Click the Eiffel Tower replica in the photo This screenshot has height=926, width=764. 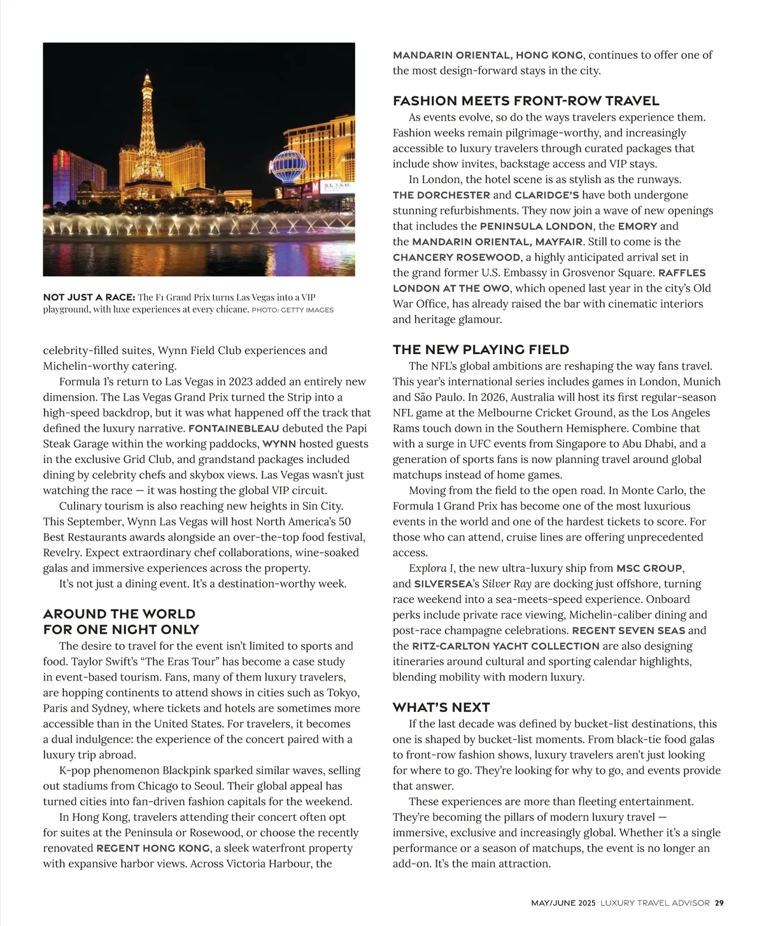[147, 140]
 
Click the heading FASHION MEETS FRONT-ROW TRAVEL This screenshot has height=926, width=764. [526, 101]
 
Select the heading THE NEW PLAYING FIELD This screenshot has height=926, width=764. [481, 350]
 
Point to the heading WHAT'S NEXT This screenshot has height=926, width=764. [441, 708]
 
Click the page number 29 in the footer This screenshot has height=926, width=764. [719, 902]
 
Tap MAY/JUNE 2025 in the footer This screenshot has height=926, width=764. [563, 902]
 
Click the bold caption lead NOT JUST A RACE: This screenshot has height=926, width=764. [88, 297]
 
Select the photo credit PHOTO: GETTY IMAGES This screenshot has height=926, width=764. [293, 310]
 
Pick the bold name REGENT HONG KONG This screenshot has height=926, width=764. [153, 848]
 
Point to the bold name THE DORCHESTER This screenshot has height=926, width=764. [441, 195]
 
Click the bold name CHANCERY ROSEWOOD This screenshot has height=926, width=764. [456, 257]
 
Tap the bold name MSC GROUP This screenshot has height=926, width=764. [649, 568]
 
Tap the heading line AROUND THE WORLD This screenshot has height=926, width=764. [119, 614]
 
